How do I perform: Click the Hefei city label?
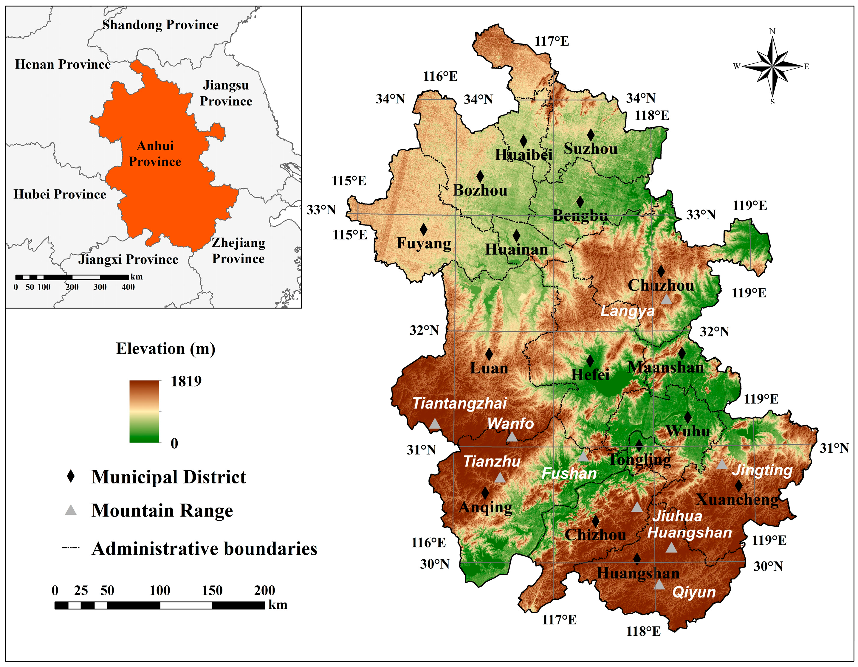590,375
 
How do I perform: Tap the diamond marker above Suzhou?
591,135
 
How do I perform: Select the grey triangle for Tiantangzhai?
434,424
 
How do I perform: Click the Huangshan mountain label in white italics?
690,533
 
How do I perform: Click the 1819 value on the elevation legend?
186,381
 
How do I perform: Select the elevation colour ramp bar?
144,411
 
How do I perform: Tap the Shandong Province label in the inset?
160,25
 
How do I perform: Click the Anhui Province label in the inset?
155,153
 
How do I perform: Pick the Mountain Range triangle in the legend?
71,510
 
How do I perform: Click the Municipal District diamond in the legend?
71,477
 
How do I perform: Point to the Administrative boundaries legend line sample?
71,547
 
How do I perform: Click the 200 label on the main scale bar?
264,590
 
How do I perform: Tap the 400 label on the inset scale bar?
128,287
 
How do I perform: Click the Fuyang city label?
424,243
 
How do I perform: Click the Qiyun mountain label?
694,592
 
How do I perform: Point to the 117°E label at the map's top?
552,41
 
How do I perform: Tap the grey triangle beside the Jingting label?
722,465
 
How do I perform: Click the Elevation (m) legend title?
165,349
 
